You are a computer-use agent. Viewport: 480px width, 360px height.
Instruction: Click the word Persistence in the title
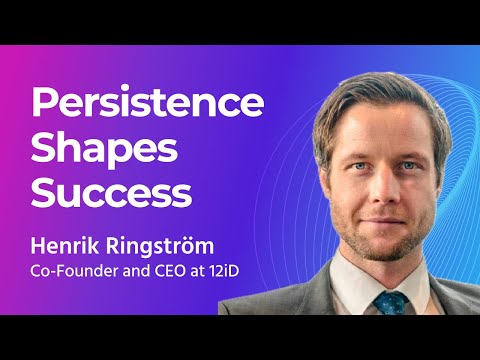tap(149, 104)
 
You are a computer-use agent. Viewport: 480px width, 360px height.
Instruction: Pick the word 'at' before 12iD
tap(205, 270)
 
